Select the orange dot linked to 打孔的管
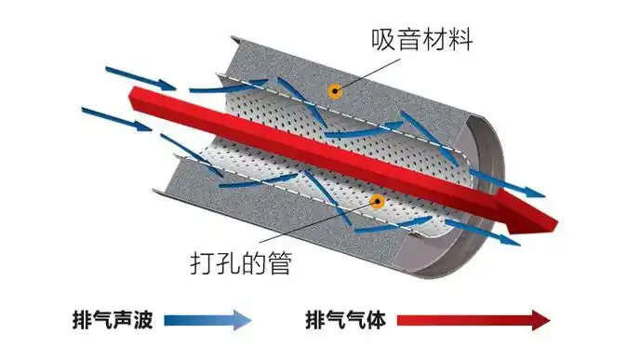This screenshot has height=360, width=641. (377, 200)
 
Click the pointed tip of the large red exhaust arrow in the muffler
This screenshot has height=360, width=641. (558, 222)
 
